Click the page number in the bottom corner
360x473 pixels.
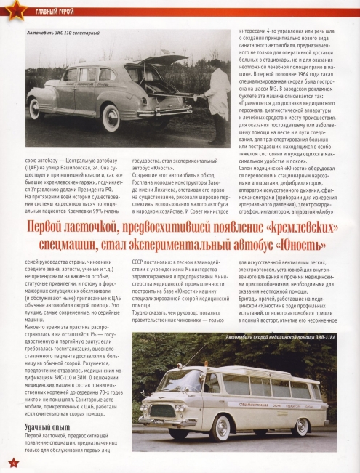click(x=11, y=462)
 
